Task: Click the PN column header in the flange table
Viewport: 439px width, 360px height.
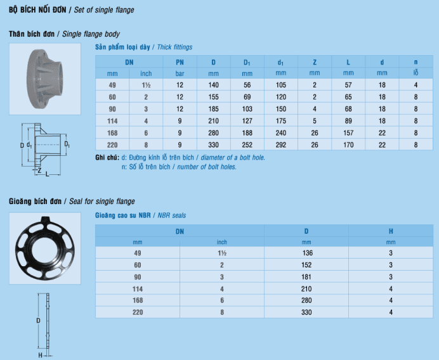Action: click(x=180, y=62)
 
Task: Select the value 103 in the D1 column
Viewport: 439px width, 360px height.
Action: click(x=247, y=109)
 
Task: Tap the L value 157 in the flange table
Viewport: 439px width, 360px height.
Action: click(x=348, y=133)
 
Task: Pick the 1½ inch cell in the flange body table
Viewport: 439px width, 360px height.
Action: click(x=146, y=85)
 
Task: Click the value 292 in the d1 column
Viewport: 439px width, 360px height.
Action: click(x=281, y=145)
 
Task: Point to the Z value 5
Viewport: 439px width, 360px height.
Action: click(x=315, y=121)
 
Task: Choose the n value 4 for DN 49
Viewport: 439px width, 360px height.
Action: click(x=416, y=85)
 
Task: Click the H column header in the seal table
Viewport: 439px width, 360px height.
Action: click(x=391, y=231)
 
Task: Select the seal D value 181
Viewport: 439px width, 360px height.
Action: click(x=306, y=277)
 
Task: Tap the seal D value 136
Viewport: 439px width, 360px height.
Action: click(x=308, y=253)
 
